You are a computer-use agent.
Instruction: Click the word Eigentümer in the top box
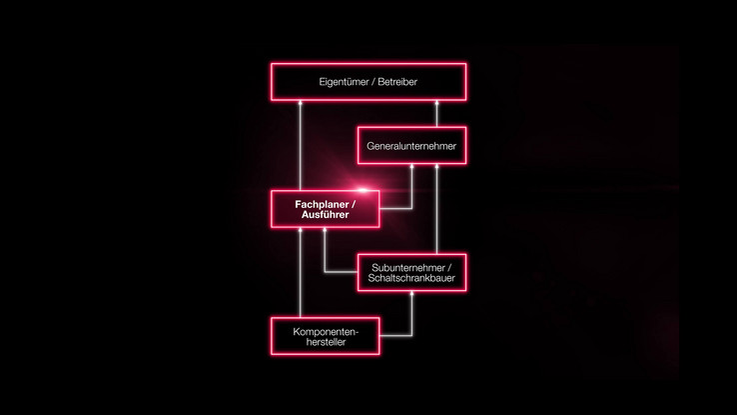point(344,82)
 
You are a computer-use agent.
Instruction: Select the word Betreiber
point(397,81)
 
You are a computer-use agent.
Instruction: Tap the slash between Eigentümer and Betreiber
point(373,82)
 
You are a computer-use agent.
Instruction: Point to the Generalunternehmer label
point(411,146)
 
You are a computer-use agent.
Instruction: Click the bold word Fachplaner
point(322,205)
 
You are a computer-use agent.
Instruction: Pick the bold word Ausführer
point(326,215)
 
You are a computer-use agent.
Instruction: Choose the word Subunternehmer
point(408,268)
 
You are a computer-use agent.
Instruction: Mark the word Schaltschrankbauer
point(411,278)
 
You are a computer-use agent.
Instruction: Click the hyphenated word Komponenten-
point(326,332)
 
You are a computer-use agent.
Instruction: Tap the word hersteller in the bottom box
point(326,342)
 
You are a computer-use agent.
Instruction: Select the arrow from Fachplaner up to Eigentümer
point(301,145)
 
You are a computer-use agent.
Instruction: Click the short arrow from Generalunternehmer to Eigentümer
point(436,113)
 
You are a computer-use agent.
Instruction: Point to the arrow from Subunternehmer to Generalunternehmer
point(436,209)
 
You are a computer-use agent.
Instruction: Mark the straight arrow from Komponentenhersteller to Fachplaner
point(301,272)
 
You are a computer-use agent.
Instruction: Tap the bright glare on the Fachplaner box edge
point(362,190)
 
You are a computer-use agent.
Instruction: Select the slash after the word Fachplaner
point(354,205)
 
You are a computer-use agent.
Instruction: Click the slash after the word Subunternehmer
point(449,268)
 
